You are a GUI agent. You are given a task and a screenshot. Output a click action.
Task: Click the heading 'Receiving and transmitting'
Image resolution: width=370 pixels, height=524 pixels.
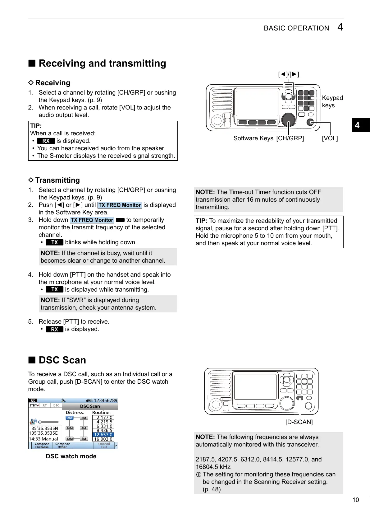102,63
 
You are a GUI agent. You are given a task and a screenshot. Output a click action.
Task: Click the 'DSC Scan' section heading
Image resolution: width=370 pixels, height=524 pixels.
62,360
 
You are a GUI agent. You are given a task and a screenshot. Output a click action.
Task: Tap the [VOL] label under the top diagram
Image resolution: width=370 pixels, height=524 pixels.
330,138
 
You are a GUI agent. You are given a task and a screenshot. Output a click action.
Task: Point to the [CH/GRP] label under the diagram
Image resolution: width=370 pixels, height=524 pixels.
290,138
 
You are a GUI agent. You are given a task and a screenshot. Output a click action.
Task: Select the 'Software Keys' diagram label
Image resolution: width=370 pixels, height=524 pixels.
253,138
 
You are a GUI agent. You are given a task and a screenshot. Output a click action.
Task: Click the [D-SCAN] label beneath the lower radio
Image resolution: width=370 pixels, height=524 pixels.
299,422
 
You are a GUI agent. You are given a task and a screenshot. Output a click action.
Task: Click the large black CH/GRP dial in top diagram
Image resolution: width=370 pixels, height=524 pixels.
288,119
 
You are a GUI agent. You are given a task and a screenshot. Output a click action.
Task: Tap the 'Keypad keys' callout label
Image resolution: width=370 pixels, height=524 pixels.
332,101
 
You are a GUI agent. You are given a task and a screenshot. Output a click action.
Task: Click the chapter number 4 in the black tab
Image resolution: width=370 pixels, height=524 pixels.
357,125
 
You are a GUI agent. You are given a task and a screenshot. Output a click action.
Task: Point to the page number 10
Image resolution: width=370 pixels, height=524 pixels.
355,500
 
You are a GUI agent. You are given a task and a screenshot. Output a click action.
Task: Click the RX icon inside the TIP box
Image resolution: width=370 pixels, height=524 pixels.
46,141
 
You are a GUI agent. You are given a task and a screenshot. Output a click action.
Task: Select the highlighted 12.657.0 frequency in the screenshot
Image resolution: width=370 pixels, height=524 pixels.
103,435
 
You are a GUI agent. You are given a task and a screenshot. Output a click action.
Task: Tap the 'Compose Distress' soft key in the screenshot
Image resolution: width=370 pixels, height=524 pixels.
42,446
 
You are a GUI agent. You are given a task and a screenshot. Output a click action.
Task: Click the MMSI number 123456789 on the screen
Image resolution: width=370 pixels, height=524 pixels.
106,400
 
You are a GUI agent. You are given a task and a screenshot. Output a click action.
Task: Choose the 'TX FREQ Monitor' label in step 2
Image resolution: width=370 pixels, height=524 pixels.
120,205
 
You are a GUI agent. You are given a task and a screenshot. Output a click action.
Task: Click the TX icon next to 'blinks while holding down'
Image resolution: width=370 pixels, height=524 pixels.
54,242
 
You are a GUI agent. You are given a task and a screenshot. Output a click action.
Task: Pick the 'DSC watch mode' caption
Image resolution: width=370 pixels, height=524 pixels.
71,456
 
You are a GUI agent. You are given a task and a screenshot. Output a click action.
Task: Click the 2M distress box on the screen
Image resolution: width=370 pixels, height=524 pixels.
70,418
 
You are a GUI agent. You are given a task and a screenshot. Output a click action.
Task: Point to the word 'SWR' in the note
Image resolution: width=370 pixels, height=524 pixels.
77,300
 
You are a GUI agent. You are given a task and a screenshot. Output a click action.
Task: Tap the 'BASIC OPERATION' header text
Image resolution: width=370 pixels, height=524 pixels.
296,28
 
